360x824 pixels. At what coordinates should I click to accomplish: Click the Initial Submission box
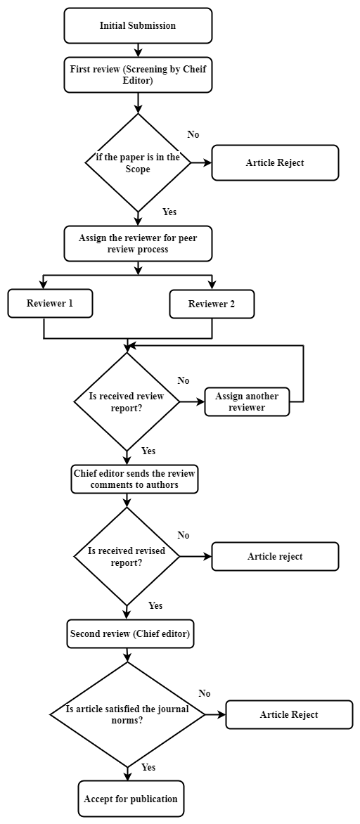point(138,25)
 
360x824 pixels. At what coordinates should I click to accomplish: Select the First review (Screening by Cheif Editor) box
point(138,74)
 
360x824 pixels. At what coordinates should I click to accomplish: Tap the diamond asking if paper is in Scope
point(138,162)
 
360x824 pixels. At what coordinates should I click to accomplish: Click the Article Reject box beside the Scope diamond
point(275,162)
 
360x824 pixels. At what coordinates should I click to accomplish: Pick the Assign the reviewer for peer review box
point(138,243)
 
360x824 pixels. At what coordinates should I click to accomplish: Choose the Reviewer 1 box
point(50,304)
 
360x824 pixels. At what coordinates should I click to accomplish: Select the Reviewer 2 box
point(212,304)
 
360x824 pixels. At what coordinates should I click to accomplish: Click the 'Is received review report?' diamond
point(127,402)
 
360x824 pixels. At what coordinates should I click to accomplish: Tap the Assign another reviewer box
point(247,402)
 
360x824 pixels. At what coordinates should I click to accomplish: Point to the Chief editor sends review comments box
point(134,479)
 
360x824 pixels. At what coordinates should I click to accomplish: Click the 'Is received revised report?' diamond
point(127,557)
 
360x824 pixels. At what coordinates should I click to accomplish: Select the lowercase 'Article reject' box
point(275,557)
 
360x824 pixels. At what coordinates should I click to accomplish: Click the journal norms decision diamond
point(127,715)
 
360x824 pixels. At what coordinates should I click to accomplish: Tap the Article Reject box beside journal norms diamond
point(289,715)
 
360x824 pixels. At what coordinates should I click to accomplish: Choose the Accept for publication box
point(131,799)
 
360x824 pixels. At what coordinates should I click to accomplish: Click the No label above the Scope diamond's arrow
point(193,134)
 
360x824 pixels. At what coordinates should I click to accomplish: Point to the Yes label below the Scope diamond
point(169,212)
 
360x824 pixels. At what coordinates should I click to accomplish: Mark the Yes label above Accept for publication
point(148,768)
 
